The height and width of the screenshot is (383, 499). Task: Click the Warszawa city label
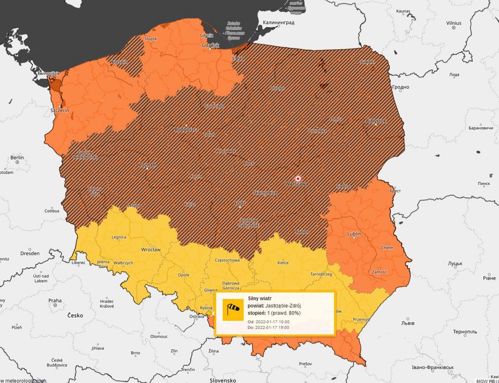[297, 184]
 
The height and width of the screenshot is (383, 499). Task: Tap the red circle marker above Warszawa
[298, 178]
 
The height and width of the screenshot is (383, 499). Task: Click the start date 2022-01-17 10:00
[273, 321]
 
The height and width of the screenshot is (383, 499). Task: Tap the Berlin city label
[17, 157]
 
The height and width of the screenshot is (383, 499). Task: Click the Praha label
[55, 300]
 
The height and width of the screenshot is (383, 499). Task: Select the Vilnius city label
[453, 23]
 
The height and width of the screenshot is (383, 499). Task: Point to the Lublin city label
[354, 234]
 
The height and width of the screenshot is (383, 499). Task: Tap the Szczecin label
[59, 110]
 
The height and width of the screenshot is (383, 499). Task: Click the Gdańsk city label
[211, 45]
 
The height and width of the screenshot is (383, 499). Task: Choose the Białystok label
[376, 121]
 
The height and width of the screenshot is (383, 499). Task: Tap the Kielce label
[283, 262]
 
